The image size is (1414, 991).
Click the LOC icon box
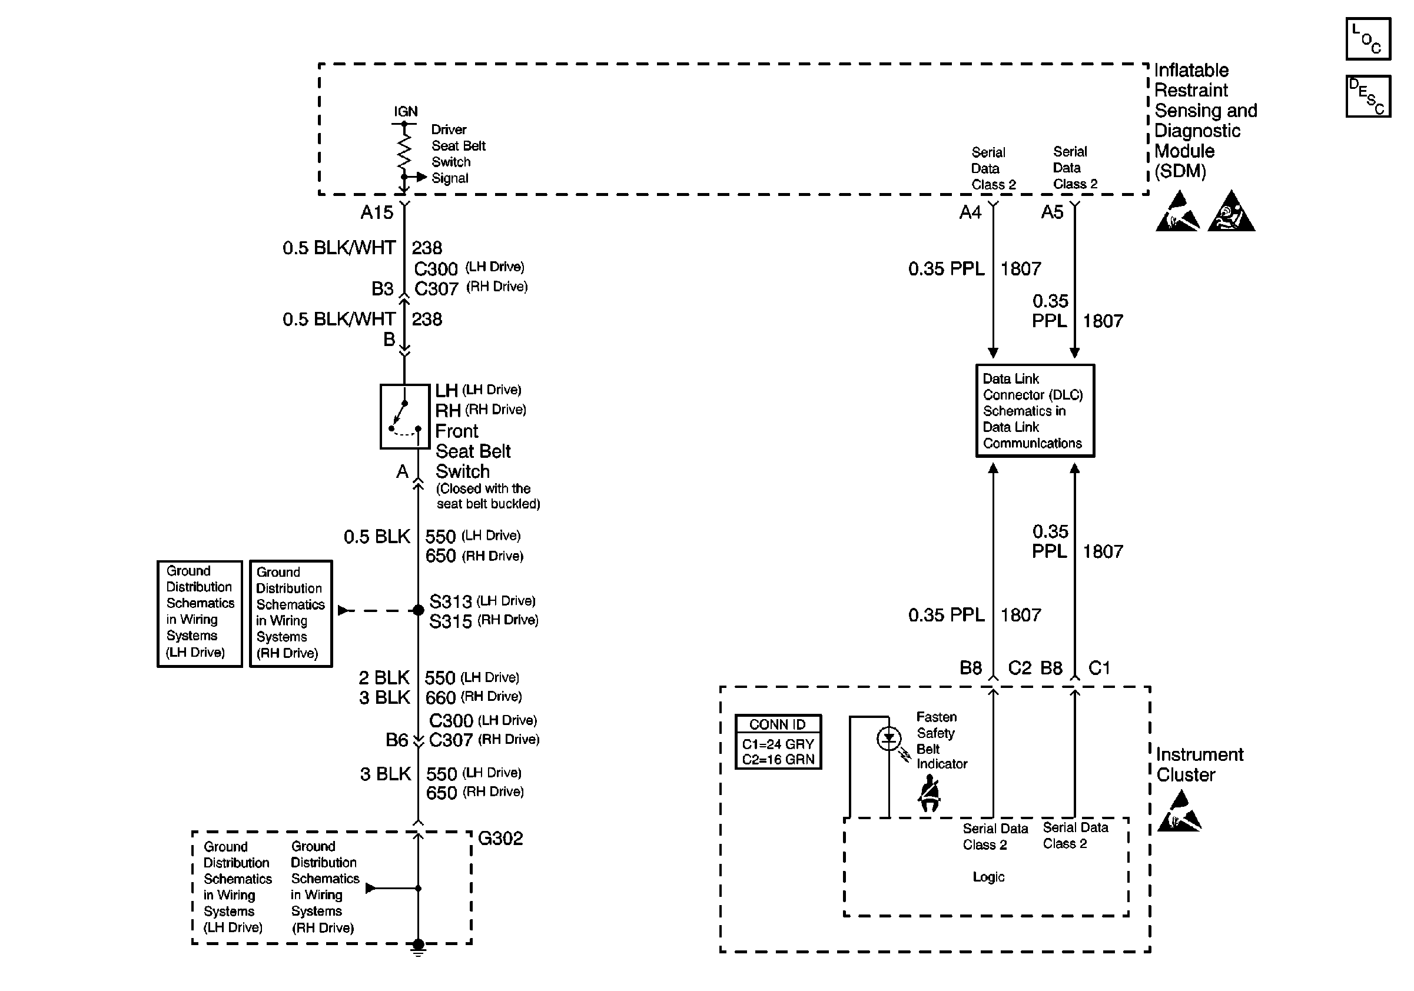(1368, 39)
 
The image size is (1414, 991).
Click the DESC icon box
(1368, 96)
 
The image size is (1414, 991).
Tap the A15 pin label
(376, 212)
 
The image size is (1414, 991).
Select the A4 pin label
(970, 212)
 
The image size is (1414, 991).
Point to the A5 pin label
(1052, 212)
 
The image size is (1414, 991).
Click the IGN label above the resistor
(405, 111)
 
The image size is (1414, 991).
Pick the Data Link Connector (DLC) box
(1035, 411)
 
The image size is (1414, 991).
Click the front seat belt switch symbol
(404, 417)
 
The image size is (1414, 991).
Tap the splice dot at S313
(418, 610)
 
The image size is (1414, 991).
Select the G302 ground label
(500, 839)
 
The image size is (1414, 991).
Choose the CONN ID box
(778, 741)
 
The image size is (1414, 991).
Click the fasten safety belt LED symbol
(889, 739)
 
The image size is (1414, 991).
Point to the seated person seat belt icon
(929, 793)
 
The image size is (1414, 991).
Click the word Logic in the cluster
(988, 876)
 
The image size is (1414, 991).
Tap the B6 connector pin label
(397, 740)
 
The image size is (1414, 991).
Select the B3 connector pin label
(382, 289)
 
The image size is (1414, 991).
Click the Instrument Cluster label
(1199, 764)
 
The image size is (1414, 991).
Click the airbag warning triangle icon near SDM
(1231, 212)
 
